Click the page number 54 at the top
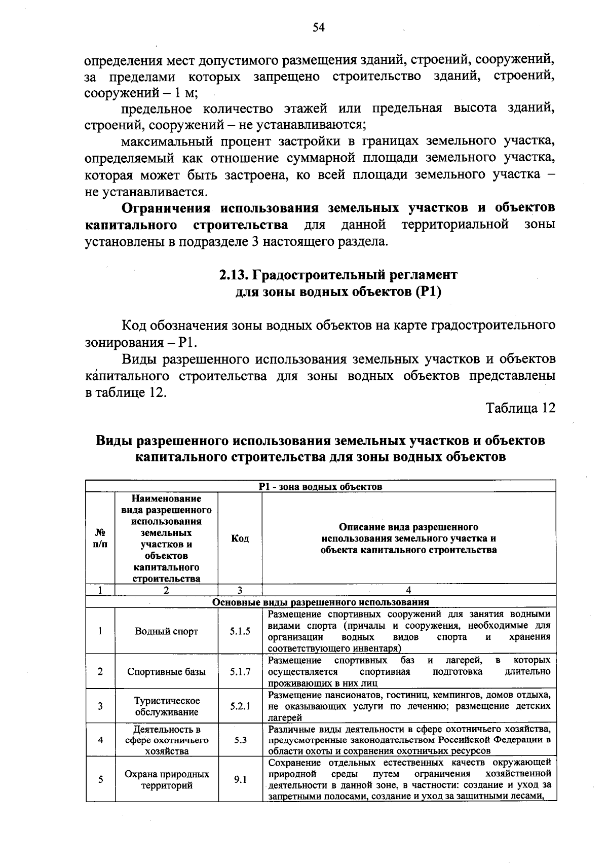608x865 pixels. pos(318,27)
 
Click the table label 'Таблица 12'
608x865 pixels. pos(520,408)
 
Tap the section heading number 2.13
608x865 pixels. pos(233,275)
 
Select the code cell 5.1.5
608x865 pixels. pos(240,632)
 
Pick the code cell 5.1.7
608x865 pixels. pos(240,672)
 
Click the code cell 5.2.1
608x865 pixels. pos(240,706)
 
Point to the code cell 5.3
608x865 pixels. pos(240,740)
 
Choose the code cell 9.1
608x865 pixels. pos(240,780)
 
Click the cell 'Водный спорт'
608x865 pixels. pos(166,632)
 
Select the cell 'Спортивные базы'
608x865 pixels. pos(166,672)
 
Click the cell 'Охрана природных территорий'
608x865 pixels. pos(166,780)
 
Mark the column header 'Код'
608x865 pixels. pos(240,538)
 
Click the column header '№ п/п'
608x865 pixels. pos(100,538)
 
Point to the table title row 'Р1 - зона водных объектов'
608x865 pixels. pos(320,487)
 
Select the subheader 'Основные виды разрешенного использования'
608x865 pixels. pos(320,602)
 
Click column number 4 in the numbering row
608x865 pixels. pos(408,590)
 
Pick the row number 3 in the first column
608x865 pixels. pos(100,706)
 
